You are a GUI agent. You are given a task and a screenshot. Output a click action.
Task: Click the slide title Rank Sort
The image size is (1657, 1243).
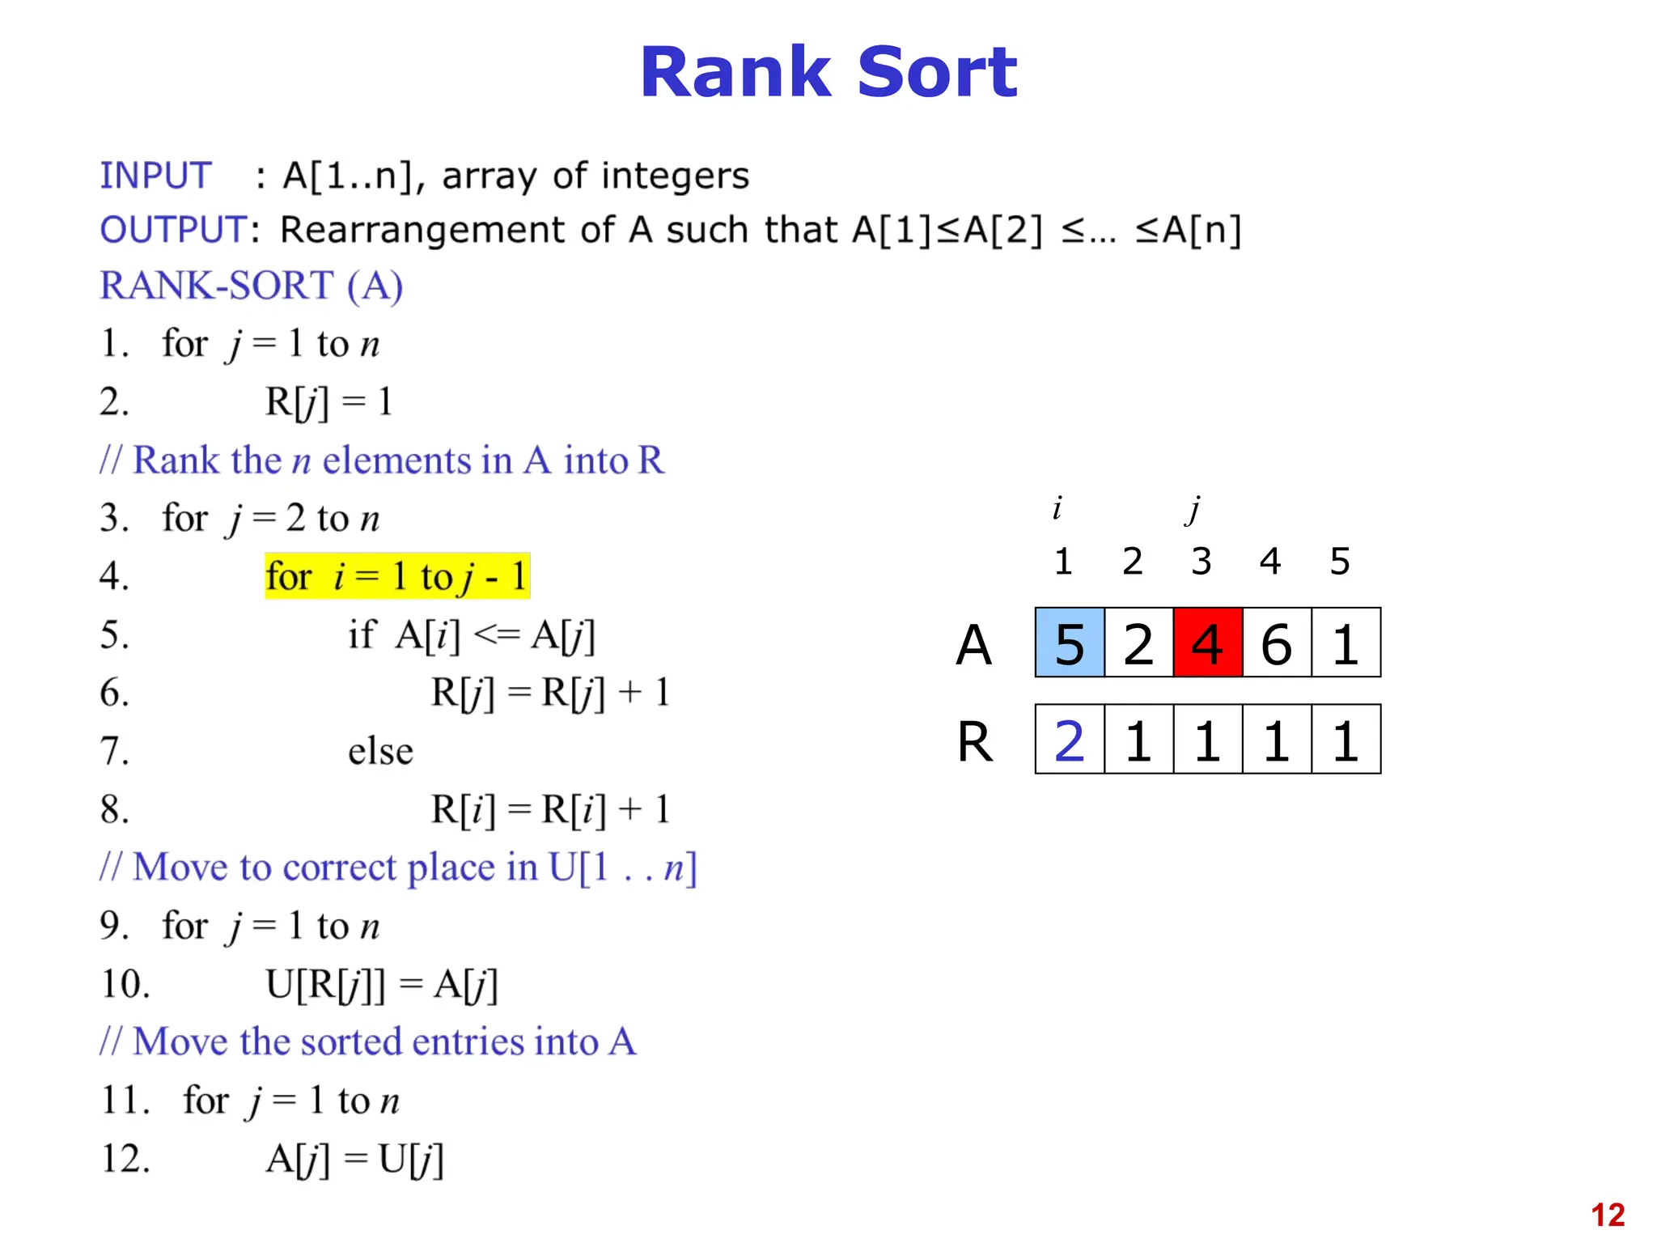(x=828, y=73)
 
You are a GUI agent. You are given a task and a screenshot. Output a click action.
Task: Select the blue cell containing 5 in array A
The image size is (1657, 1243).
(x=1070, y=643)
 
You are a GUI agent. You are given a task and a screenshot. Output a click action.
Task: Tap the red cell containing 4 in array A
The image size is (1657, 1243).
(x=1207, y=643)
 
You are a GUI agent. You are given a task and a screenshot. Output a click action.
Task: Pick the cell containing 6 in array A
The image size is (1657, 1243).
(x=1276, y=643)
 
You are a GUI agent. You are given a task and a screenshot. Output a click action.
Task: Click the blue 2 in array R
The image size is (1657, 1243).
(x=1070, y=740)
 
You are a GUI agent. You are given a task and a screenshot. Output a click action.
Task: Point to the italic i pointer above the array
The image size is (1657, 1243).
(x=1057, y=508)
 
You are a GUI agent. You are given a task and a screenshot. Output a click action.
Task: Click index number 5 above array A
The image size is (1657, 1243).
(x=1340, y=561)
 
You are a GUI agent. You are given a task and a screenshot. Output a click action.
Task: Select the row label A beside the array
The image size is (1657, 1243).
(x=973, y=645)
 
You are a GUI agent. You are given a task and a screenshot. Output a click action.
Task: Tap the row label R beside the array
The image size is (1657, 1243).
(x=974, y=741)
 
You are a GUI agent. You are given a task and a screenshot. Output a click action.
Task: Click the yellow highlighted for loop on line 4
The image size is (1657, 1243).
(x=396, y=576)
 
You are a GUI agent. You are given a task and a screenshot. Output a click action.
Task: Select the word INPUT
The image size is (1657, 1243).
(x=155, y=176)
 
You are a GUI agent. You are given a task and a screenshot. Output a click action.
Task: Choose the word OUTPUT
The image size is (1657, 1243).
(x=173, y=230)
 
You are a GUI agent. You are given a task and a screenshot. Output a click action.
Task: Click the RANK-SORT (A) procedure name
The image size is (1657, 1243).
(x=251, y=286)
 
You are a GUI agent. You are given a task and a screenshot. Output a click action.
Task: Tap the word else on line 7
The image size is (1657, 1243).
(x=380, y=751)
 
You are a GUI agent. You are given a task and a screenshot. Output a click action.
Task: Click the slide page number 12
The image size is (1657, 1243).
(x=1607, y=1215)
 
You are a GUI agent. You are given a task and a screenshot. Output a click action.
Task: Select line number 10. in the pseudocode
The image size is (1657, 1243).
(x=125, y=984)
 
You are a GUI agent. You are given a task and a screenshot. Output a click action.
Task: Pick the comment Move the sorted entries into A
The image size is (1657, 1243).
(x=368, y=1041)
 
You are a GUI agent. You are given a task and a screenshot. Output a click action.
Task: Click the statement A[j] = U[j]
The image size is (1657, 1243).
(x=354, y=1159)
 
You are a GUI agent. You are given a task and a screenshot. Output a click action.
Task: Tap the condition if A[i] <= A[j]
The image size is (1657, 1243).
(x=472, y=634)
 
